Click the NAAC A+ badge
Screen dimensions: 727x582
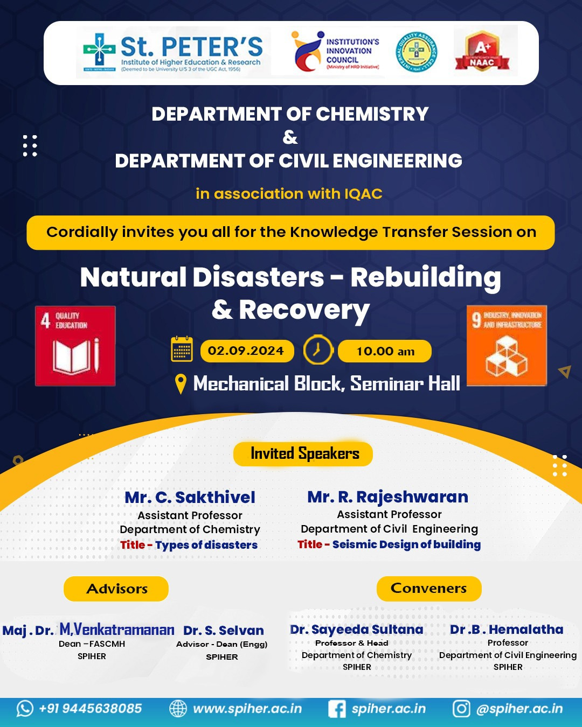click(x=482, y=51)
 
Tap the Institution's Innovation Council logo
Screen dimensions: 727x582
click(x=335, y=52)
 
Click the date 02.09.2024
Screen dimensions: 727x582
click(x=247, y=351)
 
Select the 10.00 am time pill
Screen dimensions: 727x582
click(x=385, y=351)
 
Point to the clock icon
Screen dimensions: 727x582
click(x=318, y=350)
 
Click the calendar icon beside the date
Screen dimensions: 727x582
click(x=182, y=349)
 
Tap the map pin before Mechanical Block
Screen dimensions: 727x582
click(x=181, y=384)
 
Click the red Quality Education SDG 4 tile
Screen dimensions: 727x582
click(x=75, y=346)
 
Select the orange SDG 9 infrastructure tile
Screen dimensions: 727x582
click(x=507, y=346)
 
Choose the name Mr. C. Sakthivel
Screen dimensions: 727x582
click(x=190, y=498)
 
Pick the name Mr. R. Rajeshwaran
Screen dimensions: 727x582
click(x=387, y=497)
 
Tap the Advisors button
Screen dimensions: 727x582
click(x=116, y=589)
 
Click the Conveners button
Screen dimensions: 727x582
click(x=429, y=588)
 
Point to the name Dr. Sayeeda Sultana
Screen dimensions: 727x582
click(x=357, y=630)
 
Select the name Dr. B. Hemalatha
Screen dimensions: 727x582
click(x=507, y=630)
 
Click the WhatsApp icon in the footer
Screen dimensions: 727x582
click(x=25, y=709)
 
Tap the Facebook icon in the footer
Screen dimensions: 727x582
click(x=337, y=709)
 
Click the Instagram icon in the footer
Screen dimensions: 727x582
click(x=461, y=709)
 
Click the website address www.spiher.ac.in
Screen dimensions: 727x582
click(x=247, y=709)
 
